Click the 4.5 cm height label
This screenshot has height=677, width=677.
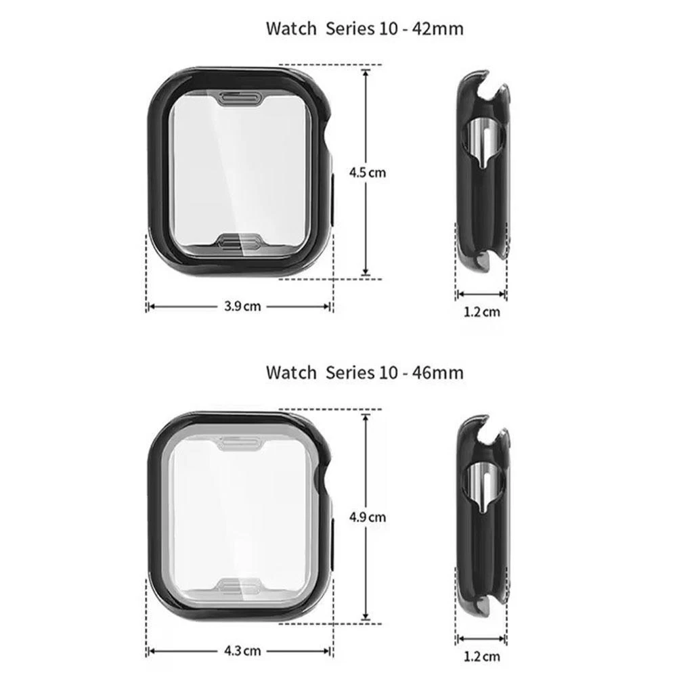(x=368, y=173)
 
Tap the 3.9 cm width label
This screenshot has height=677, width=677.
(x=242, y=307)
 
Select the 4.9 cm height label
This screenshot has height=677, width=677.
(x=368, y=517)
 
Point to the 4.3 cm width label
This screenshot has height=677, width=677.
(x=242, y=651)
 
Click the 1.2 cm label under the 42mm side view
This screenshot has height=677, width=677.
(x=482, y=311)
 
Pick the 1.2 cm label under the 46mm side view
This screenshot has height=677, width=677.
(x=482, y=657)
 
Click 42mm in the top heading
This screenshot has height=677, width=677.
(x=438, y=29)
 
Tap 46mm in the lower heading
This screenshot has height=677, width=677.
(x=438, y=372)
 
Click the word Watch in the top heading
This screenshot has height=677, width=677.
(x=291, y=29)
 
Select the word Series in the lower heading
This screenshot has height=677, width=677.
(x=350, y=372)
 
